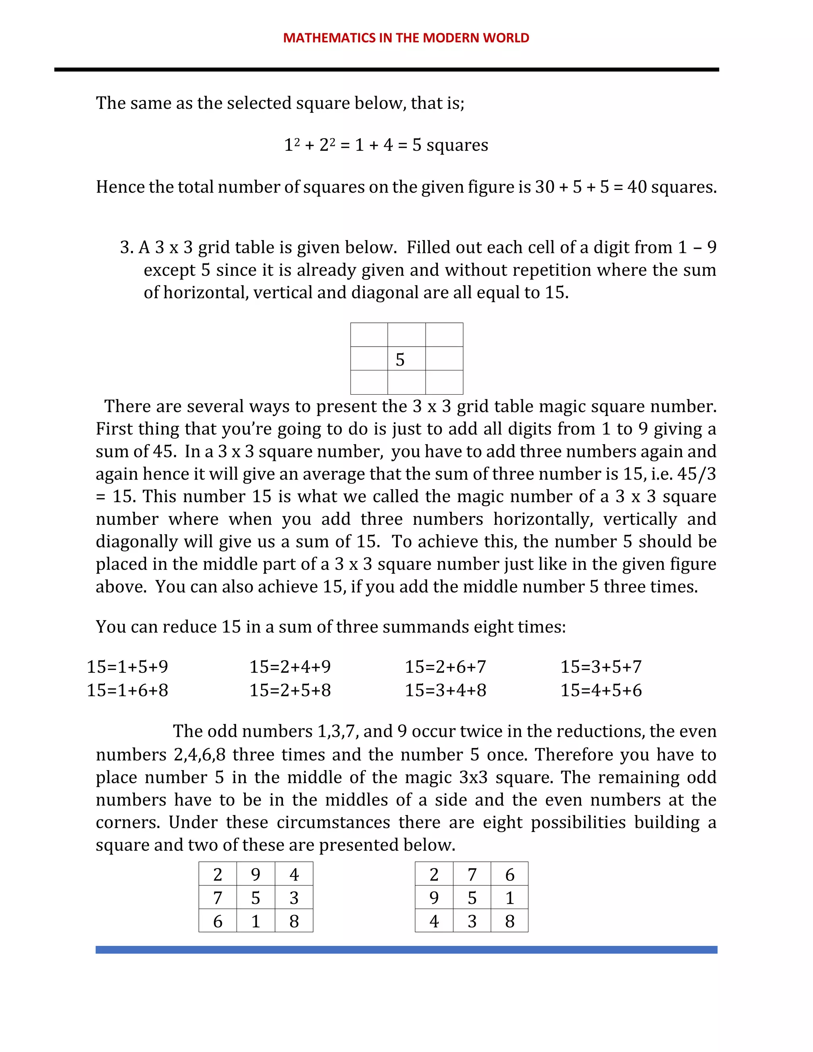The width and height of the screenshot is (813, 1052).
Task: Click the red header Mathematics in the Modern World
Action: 406,38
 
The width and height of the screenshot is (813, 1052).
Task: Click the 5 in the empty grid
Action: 400,360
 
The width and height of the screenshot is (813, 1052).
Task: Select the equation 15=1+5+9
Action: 127,667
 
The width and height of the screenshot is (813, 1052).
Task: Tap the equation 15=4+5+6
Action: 601,690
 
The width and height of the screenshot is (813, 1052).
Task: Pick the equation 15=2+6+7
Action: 445,667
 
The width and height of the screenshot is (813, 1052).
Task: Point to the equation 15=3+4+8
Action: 445,690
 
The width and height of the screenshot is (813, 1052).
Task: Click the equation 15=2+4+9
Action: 290,667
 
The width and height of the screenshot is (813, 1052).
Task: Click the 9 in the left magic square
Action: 256,874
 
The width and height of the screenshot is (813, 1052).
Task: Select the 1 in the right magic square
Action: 510,898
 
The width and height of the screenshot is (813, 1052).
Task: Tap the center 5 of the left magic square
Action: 256,898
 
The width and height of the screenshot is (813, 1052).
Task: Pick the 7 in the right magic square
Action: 472,874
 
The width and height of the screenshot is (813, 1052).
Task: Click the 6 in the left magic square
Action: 218,921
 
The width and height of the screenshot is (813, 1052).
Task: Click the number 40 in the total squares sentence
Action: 637,187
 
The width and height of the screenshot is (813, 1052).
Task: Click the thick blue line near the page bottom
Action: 406,950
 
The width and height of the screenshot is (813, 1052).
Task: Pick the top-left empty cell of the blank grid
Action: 369,335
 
